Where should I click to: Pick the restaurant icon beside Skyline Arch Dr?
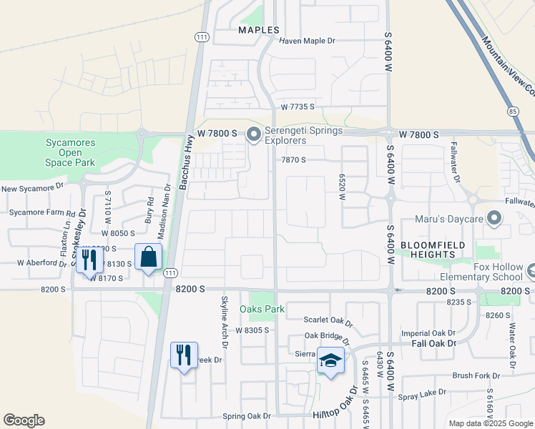tap(184, 355)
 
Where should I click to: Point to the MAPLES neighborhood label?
tap(259, 30)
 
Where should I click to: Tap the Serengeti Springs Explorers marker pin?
tap(253, 134)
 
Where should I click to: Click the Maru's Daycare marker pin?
tap(494, 218)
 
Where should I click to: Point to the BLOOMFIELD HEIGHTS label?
tap(433, 250)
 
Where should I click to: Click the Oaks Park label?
tap(262, 309)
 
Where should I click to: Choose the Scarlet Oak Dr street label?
tap(328, 320)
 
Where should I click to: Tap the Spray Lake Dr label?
tap(422, 392)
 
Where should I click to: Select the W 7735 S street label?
tap(298, 107)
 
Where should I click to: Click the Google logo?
tap(24, 420)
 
